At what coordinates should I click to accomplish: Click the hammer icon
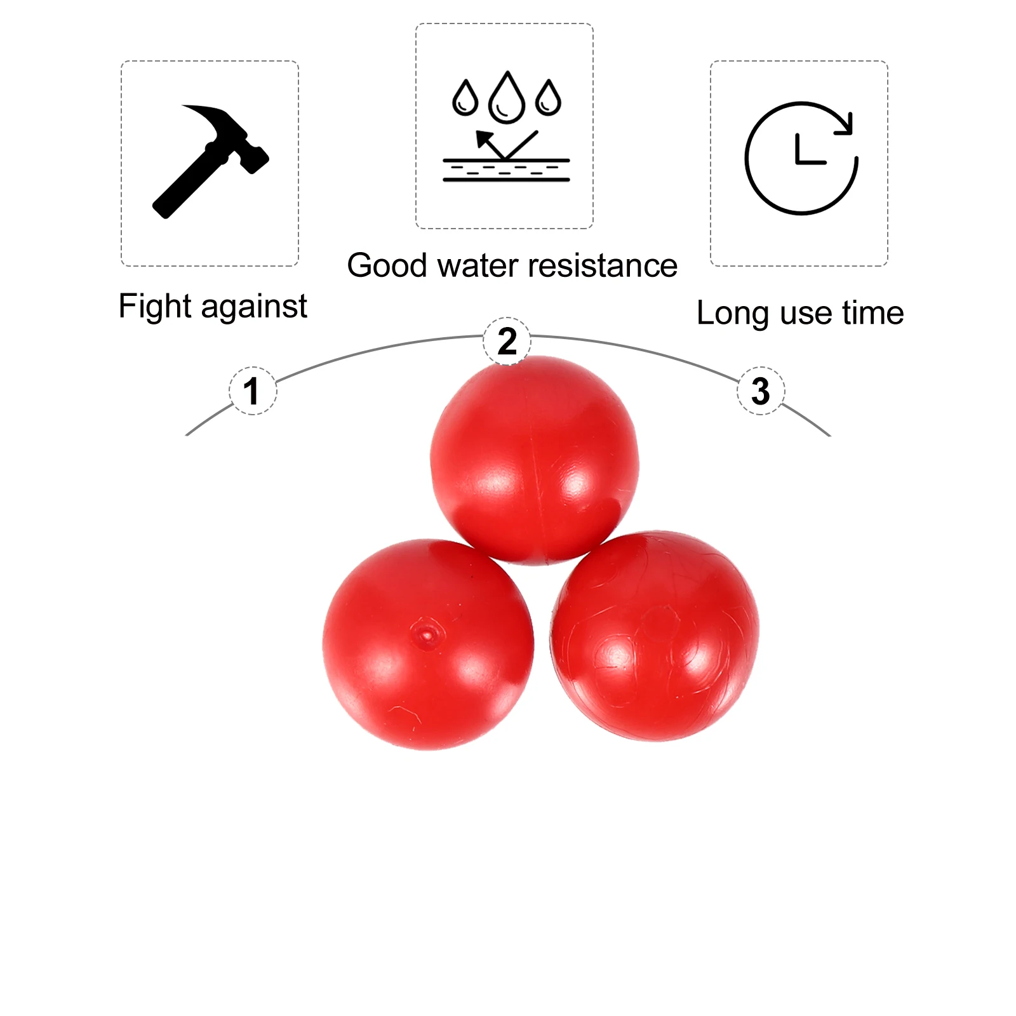point(210,162)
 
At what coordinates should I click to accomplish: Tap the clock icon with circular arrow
point(801,158)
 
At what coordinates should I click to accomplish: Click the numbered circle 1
point(253,391)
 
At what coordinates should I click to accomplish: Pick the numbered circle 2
point(507,341)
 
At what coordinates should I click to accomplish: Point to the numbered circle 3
point(761,391)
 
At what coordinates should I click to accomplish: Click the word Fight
point(155,306)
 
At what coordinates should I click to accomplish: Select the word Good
point(387,265)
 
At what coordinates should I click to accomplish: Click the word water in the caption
point(478,265)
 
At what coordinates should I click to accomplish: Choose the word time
point(873,313)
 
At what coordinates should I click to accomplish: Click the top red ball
point(535,460)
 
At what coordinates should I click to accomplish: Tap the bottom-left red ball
point(428,645)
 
